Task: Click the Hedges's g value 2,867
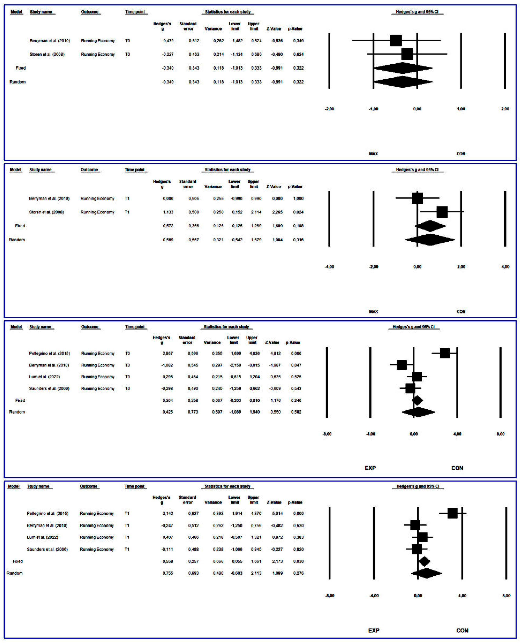(168, 353)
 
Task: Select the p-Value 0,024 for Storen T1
(298, 212)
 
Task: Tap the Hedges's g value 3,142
(168, 513)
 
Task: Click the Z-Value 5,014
(277, 513)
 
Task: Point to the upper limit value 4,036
(254, 353)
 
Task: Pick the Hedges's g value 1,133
(168, 212)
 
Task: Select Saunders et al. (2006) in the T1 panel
(47, 549)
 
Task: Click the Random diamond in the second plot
(430, 239)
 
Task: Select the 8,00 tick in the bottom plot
(506, 596)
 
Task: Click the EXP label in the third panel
(370, 468)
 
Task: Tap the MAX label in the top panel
(373, 154)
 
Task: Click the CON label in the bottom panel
(462, 630)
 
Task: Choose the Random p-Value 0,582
(296, 412)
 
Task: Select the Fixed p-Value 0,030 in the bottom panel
(298, 561)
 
